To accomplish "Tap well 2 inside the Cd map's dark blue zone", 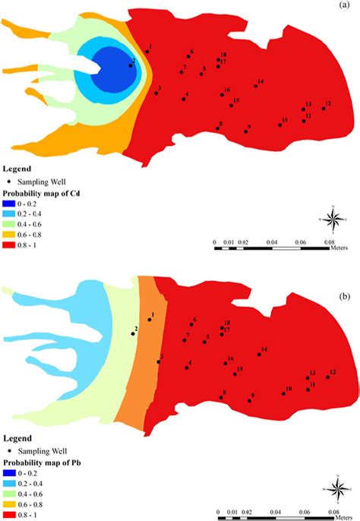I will [x=131, y=65].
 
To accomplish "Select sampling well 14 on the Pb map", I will [x=259, y=355].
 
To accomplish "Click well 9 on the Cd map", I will [x=246, y=131].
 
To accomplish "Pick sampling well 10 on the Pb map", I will [x=283, y=393].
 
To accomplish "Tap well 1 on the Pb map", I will [x=150, y=320].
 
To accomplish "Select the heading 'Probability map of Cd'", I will [x=42, y=192].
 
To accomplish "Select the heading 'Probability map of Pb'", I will [x=42, y=462].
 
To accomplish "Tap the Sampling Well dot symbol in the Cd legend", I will [x=8, y=182].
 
